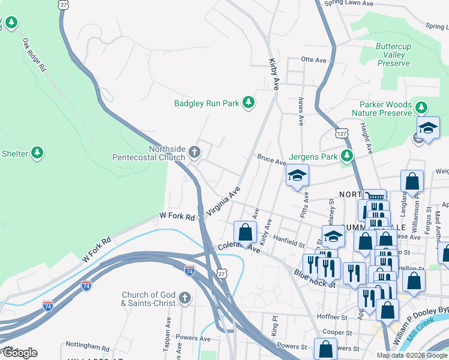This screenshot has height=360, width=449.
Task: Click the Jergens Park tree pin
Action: pyautogui.click(x=346, y=156)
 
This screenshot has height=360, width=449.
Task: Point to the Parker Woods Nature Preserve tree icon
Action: pyautogui.click(x=422, y=107)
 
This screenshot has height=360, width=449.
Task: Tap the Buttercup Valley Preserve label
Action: pyautogui.click(x=394, y=55)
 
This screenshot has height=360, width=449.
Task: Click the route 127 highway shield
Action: pyautogui.click(x=341, y=133)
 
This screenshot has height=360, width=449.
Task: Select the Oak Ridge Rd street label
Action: pyautogui.click(x=34, y=56)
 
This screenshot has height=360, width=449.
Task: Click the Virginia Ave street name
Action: pyautogui.click(x=223, y=200)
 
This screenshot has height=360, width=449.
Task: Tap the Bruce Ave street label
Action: pyautogui.click(x=271, y=161)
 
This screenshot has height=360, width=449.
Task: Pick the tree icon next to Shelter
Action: pyautogui.click(x=37, y=154)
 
